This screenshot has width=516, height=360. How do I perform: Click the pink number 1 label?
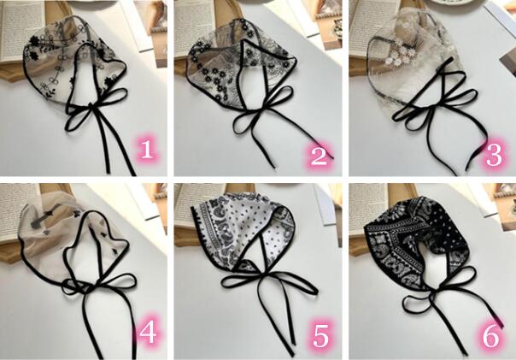(146, 150)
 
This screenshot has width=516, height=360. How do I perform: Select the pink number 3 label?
(494, 155)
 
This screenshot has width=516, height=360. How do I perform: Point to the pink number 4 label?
(147, 332)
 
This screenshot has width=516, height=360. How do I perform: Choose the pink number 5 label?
(320, 336)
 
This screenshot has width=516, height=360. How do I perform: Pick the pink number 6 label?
(490, 337)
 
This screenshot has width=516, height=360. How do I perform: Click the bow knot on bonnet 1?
(89, 106)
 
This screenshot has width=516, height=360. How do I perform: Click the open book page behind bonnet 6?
(366, 204)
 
